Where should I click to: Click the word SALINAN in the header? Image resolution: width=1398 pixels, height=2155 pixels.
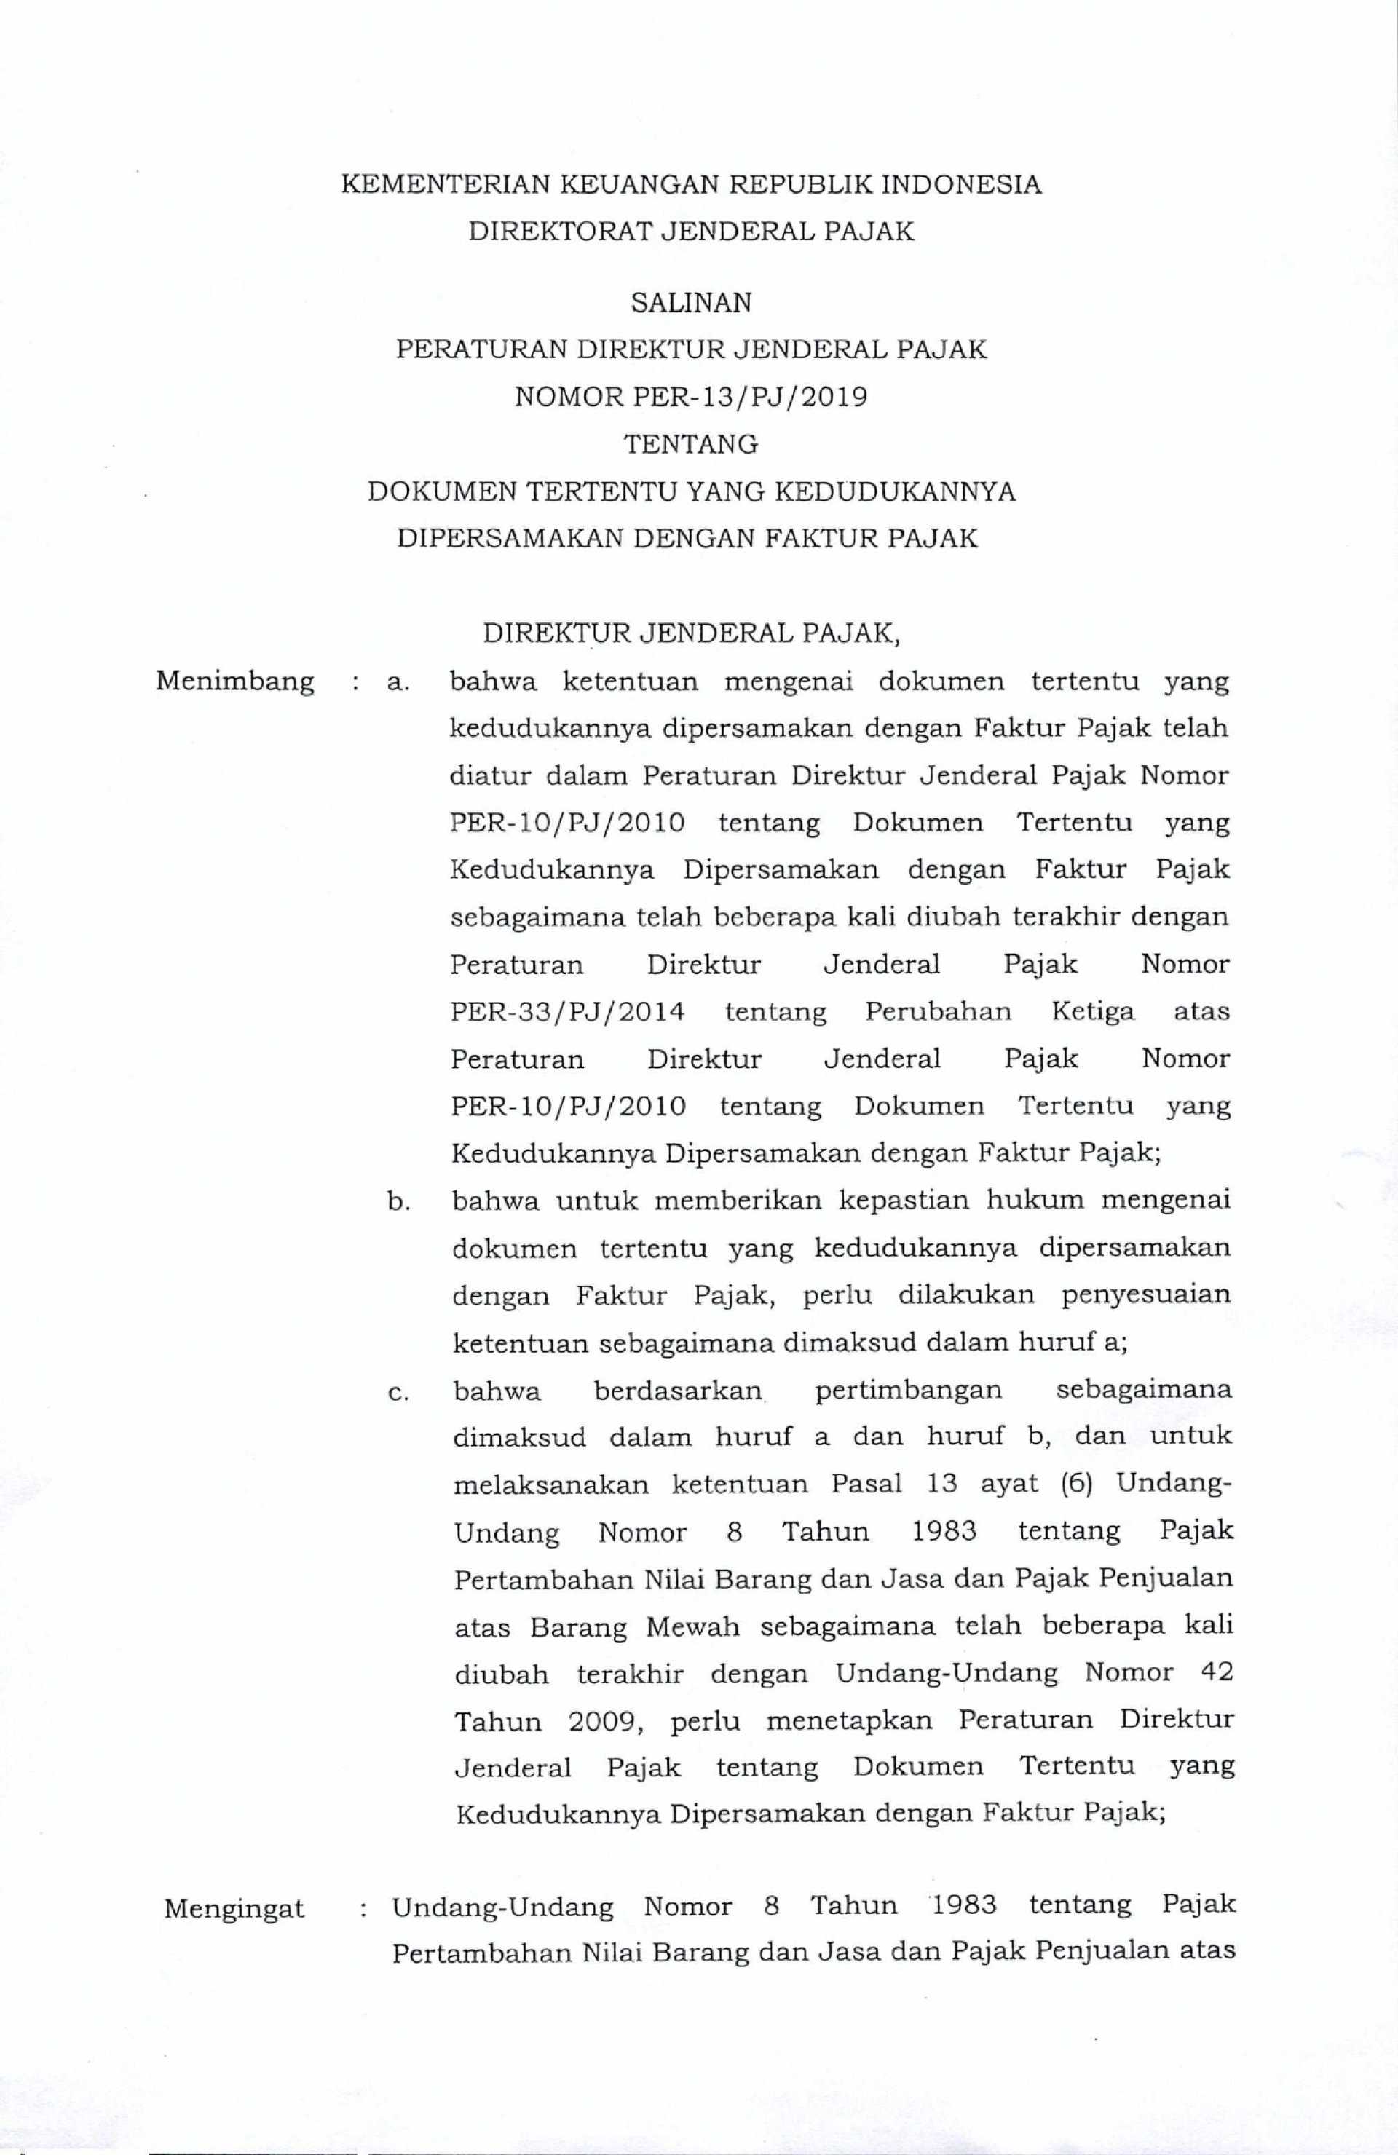pyautogui.click(x=691, y=302)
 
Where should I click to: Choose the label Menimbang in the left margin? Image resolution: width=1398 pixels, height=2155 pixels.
pyautogui.click(x=235, y=680)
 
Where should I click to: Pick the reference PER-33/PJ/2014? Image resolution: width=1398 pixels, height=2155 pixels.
pyautogui.click(x=566, y=1011)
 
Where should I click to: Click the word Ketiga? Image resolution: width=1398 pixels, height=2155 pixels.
pyautogui.click(x=1093, y=1011)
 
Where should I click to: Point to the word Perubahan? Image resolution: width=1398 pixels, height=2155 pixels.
pyautogui.click(x=938, y=1011)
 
